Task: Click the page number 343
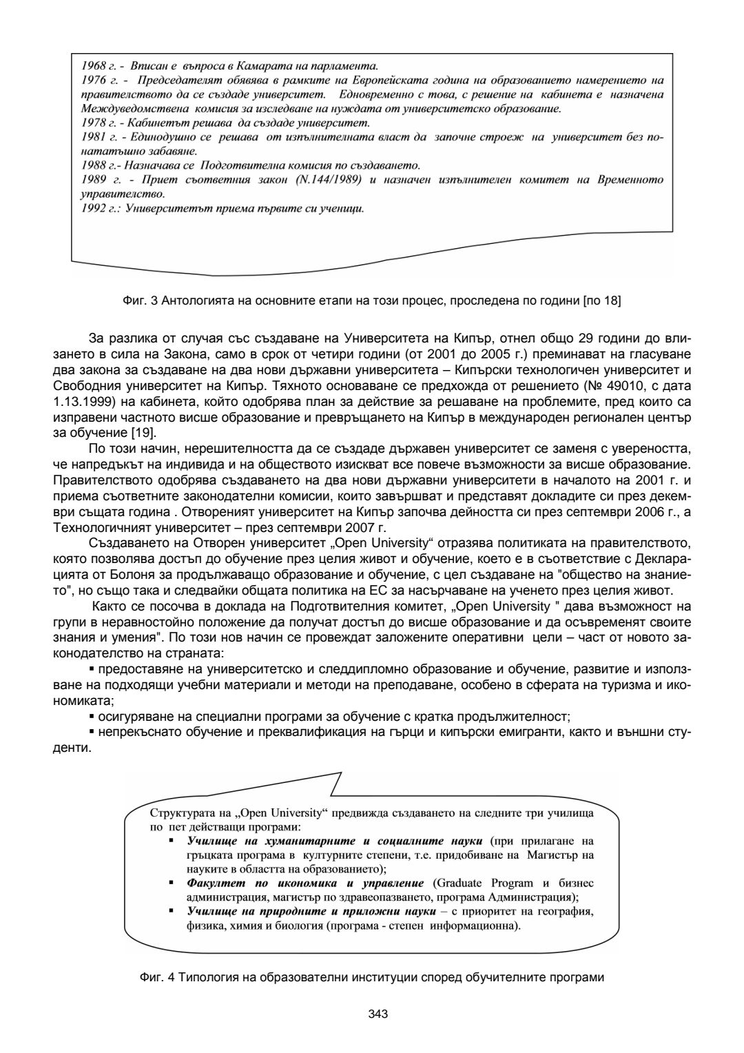click(378, 1014)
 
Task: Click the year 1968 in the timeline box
click(93, 66)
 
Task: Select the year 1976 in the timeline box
click(93, 81)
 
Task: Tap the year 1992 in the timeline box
click(93, 208)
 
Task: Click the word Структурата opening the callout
click(177, 812)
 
